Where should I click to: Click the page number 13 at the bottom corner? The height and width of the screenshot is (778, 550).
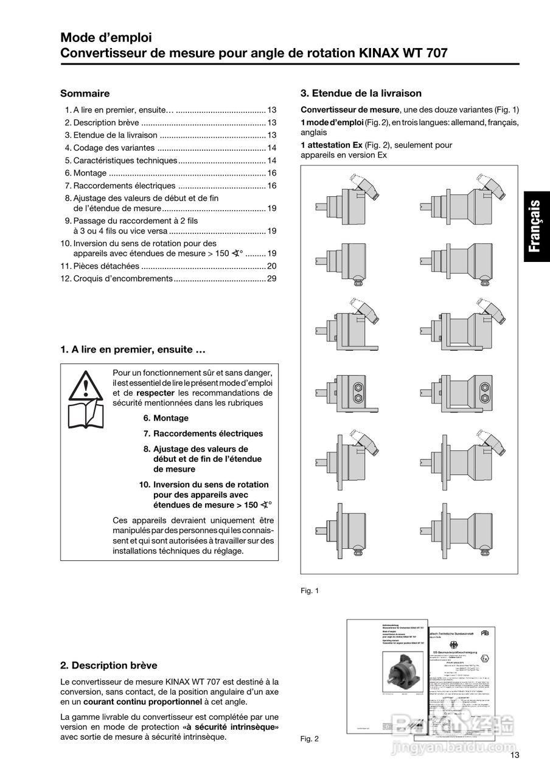click(x=515, y=756)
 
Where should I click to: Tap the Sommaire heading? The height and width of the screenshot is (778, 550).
click(x=85, y=94)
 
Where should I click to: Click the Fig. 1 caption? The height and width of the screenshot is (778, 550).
click(x=310, y=590)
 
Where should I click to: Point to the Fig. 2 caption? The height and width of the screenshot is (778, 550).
click(x=310, y=738)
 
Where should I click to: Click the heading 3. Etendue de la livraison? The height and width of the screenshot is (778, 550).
click(x=361, y=94)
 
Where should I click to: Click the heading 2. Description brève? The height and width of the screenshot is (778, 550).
click(x=109, y=665)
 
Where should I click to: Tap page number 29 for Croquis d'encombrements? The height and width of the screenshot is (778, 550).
click(x=272, y=278)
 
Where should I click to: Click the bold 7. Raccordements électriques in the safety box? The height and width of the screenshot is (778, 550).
click(x=203, y=433)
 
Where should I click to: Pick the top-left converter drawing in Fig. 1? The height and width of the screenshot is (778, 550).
click(x=348, y=200)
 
